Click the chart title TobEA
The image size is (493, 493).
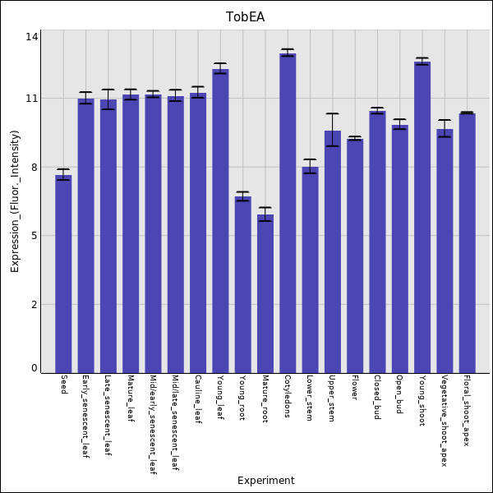click(246, 17)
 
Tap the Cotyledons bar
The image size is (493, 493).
click(288, 214)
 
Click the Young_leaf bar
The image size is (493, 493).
click(220, 221)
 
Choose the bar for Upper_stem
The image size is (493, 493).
click(332, 251)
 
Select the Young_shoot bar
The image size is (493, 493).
click(422, 217)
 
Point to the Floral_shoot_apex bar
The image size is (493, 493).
click(467, 242)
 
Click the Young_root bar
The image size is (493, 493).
click(242, 284)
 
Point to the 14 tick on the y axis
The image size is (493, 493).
click(32, 37)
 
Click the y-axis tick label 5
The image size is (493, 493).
click(35, 236)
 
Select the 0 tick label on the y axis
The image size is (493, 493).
click(35, 368)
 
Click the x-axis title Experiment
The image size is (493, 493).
click(265, 481)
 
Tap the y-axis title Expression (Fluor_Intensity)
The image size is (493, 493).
click(15, 201)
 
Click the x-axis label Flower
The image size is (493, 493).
click(355, 389)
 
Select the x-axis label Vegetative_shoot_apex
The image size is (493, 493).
click(445, 422)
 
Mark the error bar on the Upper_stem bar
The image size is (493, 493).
click(332, 130)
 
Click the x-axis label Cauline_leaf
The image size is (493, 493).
click(198, 399)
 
